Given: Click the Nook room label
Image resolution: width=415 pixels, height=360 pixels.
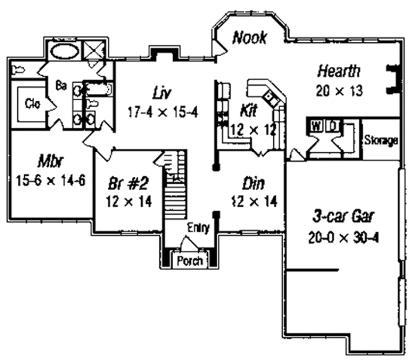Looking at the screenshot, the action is point(250,37).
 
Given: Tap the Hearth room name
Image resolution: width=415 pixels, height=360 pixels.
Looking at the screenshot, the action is point(339,71).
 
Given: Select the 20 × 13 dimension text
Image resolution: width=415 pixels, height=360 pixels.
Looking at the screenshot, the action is point(340,91).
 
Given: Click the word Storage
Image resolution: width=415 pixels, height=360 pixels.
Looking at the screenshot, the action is point(381,140).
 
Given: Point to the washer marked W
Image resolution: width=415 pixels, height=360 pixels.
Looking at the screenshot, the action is point(316,126).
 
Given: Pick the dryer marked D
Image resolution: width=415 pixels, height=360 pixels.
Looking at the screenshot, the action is point(333,126).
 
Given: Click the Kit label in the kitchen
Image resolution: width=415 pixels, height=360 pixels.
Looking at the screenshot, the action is point(248,111).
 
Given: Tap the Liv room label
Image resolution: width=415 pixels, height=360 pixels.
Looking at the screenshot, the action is point(162,93).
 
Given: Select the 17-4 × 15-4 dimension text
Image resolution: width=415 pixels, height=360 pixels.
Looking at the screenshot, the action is point(163,112).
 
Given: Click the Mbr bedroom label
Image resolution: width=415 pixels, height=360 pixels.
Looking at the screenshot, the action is point(50,161).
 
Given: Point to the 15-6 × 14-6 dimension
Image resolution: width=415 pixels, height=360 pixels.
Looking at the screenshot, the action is point(50,181).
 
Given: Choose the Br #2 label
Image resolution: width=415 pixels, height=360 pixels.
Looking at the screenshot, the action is point(129,183).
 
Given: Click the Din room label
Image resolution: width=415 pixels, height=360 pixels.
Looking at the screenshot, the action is point(253,184).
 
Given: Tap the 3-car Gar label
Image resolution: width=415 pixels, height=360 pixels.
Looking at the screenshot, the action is point(344,216).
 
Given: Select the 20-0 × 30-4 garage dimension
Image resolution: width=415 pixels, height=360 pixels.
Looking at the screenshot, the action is point(343,238).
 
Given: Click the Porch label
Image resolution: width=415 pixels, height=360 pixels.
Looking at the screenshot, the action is point(190,261).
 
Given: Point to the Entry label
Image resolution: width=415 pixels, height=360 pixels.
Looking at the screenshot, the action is point(199,227).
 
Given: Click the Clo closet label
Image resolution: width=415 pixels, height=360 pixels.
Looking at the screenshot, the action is point(33,104).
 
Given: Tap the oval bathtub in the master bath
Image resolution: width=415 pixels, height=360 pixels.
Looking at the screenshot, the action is point(64,52).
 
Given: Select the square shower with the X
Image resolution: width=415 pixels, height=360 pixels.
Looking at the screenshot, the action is point(95,50).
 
